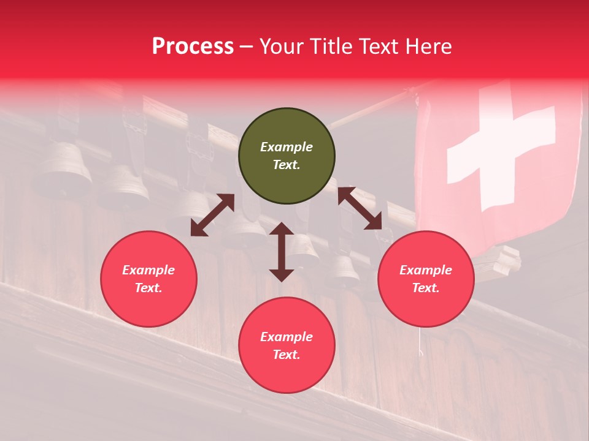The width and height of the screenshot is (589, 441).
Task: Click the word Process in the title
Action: pos(193,47)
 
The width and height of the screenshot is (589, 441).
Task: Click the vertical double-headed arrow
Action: pos(282,252)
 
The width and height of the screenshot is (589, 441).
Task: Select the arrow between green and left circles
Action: pos(212,215)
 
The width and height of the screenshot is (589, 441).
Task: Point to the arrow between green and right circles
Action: pos(360,208)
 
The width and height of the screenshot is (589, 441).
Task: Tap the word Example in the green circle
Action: pos(287,147)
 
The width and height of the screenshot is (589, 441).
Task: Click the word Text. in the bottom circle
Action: pos(287,355)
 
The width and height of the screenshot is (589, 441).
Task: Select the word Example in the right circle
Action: pos(426,270)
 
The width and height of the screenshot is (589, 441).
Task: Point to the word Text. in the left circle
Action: pos(148,288)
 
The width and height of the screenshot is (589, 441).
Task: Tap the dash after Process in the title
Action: pos(247,47)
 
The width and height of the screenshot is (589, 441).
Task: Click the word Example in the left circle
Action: pos(148,270)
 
